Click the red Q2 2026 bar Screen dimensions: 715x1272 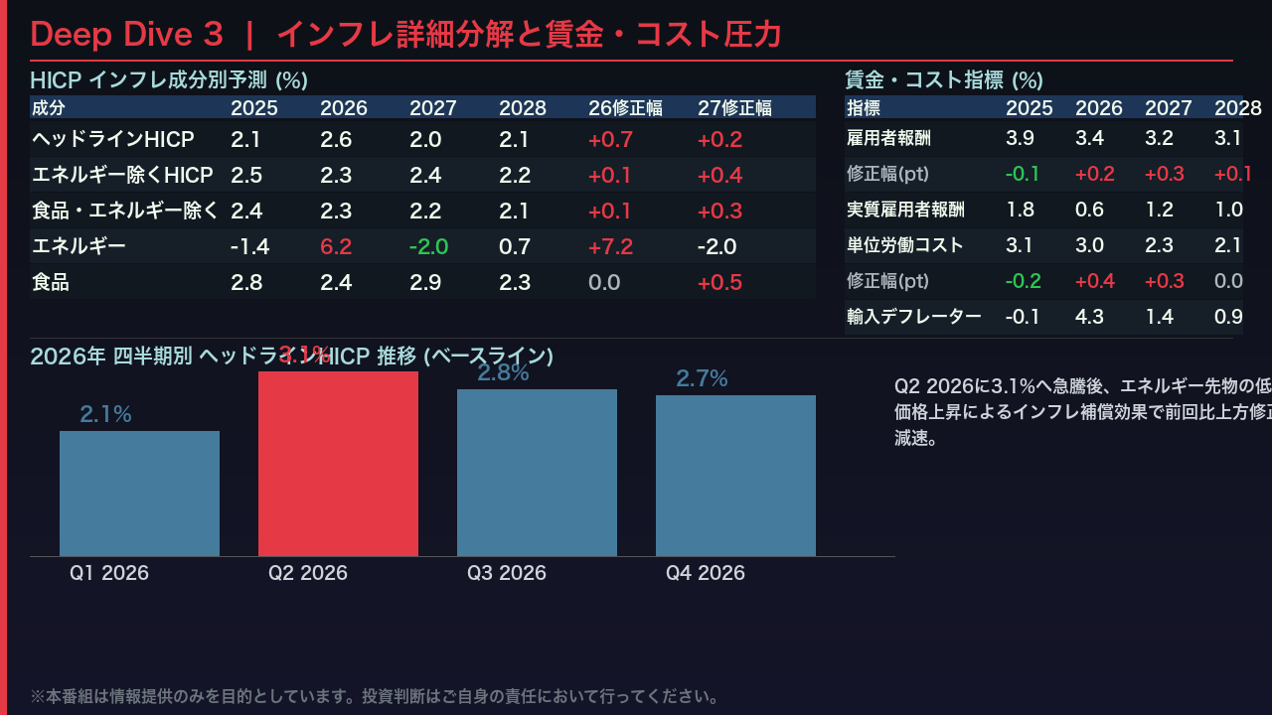pyautogui.click(x=338, y=463)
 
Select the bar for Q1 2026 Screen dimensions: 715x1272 pyautogui.click(x=139, y=493)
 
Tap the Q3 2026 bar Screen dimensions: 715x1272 pyautogui.click(x=537, y=472)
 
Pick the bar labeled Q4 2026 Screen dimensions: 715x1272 pyautogui.click(x=735, y=475)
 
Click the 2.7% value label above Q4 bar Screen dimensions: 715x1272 pyautogui.click(x=702, y=378)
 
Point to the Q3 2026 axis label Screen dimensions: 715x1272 pyautogui.click(x=507, y=573)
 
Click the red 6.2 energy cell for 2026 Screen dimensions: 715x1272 pyautogui.click(x=336, y=246)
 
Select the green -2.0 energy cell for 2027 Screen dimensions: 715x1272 pyautogui.click(x=428, y=246)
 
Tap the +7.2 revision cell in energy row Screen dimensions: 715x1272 pyautogui.click(x=610, y=246)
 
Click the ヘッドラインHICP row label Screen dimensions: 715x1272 pyautogui.click(x=112, y=139)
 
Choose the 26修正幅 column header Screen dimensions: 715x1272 pyautogui.click(x=625, y=107)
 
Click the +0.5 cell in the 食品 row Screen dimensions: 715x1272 pyautogui.click(x=719, y=282)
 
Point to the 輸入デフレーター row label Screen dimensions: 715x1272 pyautogui.click(x=913, y=317)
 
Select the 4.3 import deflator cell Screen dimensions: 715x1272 pyautogui.click(x=1089, y=317)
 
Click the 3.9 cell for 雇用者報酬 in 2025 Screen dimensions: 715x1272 pyautogui.click(x=1020, y=138)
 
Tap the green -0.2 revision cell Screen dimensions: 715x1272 pyautogui.click(x=1023, y=281)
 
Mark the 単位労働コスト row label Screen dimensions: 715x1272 pyautogui.click(x=904, y=245)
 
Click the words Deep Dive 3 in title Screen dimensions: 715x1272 pyautogui.click(x=126, y=35)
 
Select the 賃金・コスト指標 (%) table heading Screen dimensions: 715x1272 pyautogui.click(x=943, y=80)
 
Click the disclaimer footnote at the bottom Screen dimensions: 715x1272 pyautogui.click(x=375, y=696)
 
